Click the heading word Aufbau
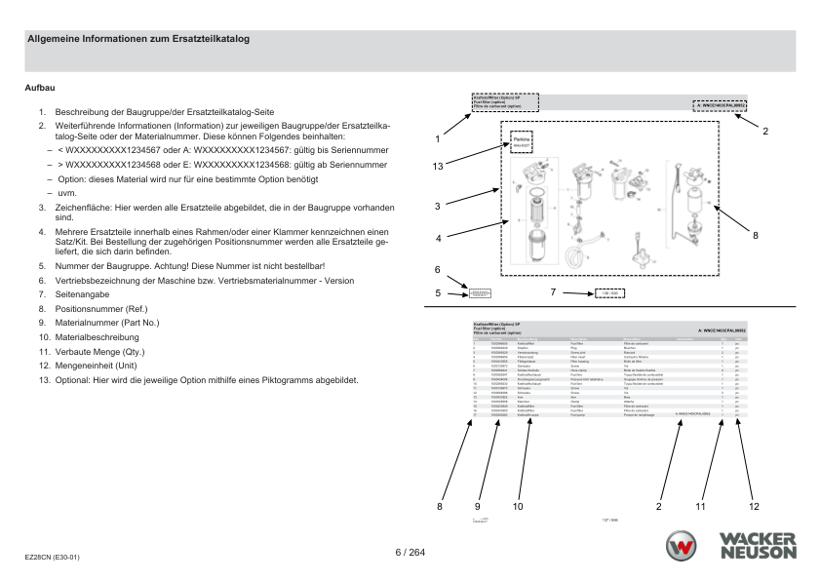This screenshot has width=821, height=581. pyautogui.click(x=38, y=88)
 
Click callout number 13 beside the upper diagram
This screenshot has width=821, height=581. pyautogui.click(x=439, y=167)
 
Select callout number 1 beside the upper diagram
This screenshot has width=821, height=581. pyautogui.click(x=438, y=139)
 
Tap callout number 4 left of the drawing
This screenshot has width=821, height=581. pyautogui.click(x=438, y=238)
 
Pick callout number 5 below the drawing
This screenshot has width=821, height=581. pyautogui.click(x=438, y=291)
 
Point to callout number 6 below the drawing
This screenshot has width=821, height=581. pyautogui.click(x=438, y=269)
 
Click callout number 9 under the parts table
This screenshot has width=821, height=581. pyautogui.click(x=478, y=506)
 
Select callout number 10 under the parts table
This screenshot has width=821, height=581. pyautogui.click(x=518, y=506)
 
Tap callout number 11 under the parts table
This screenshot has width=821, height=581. pyautogui.click(x=701, y=506)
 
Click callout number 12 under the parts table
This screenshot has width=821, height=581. pyautogui.click(x=753, y=506)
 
